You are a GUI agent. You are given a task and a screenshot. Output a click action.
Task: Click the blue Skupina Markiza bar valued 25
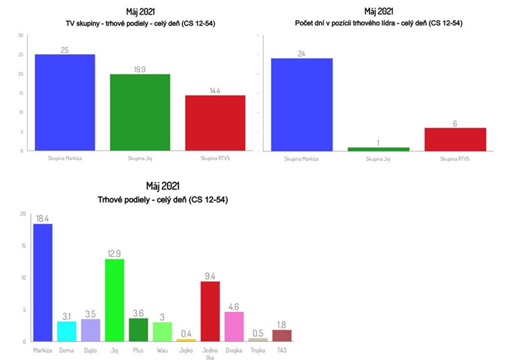click(65, 102)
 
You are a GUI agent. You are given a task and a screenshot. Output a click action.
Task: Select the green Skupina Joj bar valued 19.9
click(140, 112)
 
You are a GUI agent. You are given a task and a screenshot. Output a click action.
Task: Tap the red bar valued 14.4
click(215, 123)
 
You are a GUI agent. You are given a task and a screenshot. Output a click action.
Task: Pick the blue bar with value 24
click(302, 104)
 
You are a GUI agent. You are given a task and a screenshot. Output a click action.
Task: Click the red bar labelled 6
click(455, 139)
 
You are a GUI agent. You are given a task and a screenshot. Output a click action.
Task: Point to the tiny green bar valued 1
click(378, 149)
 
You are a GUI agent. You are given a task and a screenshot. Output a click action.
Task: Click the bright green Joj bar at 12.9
click(114, 300)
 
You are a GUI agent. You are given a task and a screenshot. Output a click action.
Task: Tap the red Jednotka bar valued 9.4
click(210, 311)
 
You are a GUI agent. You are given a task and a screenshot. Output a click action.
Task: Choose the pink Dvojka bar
click(234, 326)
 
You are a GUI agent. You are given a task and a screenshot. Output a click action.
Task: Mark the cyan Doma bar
click(66, 331)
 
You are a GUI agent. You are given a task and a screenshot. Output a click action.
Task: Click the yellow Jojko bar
click(186, 340)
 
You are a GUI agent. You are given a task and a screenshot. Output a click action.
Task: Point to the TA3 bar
click(282, 335)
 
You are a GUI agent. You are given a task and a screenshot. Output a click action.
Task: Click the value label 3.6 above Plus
click(138, 313)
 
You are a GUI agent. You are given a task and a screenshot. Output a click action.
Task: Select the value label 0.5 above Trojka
click(258, 333)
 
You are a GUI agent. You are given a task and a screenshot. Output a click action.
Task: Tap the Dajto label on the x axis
click(90, 350)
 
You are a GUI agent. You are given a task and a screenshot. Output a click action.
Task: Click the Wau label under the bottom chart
click(162, 350)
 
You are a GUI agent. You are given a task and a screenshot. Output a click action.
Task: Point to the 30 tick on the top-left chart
click(21, 36)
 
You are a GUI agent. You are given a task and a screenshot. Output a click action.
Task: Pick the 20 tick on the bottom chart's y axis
click(23, 214)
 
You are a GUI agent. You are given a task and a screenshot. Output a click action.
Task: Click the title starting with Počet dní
click(378, 23)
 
